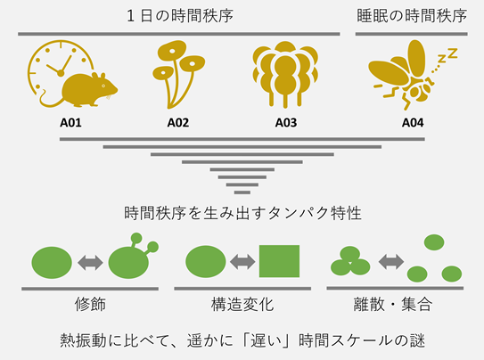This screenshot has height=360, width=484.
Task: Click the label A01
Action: click(x=70, y=123)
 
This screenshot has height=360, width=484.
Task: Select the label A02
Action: click(x=177, y=123)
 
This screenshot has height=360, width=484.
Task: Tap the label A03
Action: click(x=286, y=123)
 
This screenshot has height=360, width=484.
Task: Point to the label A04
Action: click(x=413, y=123)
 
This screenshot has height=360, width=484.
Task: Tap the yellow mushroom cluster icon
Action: click(x=178, y=74)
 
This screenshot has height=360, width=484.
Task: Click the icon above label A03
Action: click(x=285, y=75)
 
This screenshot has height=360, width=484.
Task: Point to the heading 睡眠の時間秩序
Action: click(x=412, y=16)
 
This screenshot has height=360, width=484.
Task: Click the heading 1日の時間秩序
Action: click(x=180, y=16)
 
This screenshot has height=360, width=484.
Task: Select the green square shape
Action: click(x=279, y=261)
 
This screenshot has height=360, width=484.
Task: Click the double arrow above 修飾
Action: click(x=90, y=263)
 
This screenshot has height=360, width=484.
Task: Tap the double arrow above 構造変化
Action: click(x=242, y=262)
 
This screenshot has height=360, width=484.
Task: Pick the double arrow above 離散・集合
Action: click(x=391, y=262)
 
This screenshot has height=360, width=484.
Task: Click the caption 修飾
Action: click(x=90, y=304)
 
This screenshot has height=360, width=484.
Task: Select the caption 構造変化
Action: click(x=242, y=304)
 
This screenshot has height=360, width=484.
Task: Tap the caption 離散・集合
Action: click(x=392, y=304)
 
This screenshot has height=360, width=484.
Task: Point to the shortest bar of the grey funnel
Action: click(x=242, y=192)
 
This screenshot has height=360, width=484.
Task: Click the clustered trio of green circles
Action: click(x=350, y=261)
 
